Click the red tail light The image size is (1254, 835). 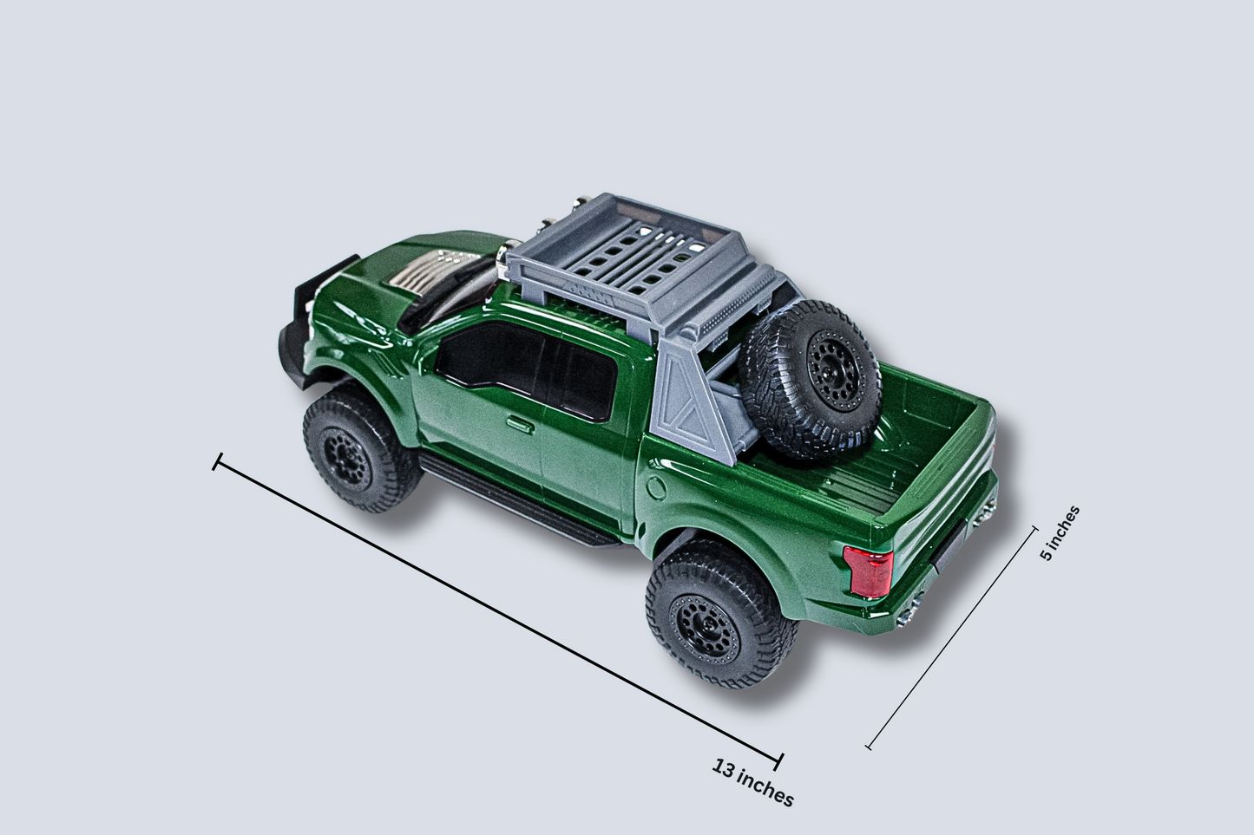click(x=869, y=571)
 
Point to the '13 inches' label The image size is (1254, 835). click(x=752, y=781)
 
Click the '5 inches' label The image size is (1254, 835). click(x=1060, y=532)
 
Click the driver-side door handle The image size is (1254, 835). click(x=521, y=424)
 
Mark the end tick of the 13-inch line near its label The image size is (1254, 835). click(x=778, y=760)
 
